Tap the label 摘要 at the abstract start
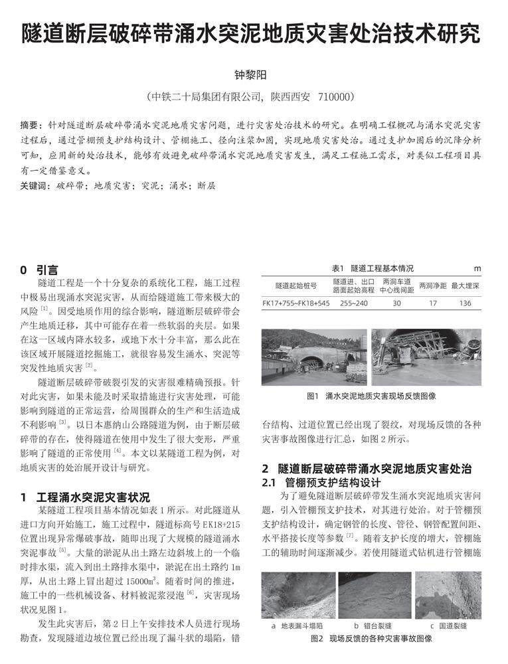coord(31,125)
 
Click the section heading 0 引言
coord(39,270)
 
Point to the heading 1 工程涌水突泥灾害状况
coord(85,497)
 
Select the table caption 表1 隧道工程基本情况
coord(372,268)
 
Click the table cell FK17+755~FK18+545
coord(296,303)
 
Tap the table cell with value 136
coord(465,303)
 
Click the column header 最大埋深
coord(465,286)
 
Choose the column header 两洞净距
coord(432,286)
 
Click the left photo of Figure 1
coord(314,357)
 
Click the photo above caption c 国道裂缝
coord(448,595)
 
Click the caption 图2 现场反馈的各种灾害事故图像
coord(371,639)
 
